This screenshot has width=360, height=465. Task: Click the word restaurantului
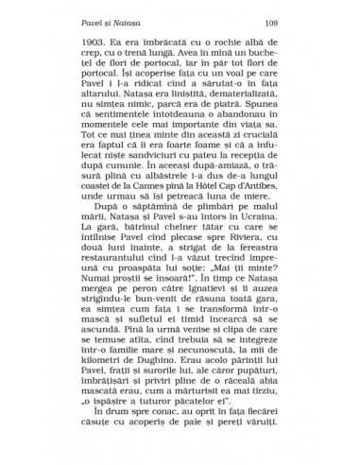pyautogui.click(x=110, y=267)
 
